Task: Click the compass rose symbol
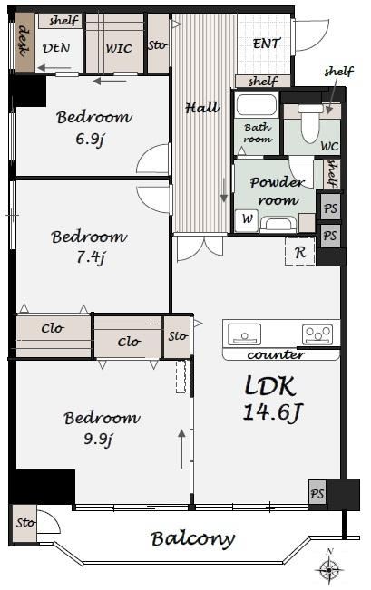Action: [329, 570]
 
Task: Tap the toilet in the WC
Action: [311, 123]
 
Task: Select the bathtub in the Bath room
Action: [257, 104]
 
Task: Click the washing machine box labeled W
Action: [247, 220]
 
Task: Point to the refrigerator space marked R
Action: [300, 252]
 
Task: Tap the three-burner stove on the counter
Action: [317, 334]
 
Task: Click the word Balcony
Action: [193, 539]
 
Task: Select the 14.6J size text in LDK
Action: [272, 412]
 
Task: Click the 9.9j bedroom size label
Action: [98, 439]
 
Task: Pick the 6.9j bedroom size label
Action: [90, 139]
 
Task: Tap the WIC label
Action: [119, 48]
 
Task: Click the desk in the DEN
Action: [24, 42]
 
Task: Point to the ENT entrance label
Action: [267, 44]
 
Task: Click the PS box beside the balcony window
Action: [317, 493]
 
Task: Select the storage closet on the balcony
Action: [25, 523]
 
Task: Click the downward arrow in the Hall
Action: [224, 190]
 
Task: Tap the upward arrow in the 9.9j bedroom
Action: [182, 449]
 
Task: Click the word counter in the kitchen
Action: [276, 355]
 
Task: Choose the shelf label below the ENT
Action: [263, 81]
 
